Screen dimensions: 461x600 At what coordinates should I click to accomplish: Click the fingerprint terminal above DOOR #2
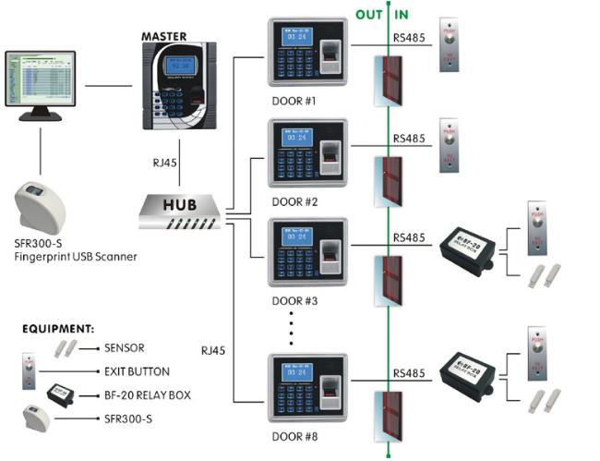pyautogui.click(x=307, y=156)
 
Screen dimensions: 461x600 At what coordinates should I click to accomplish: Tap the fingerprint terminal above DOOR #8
pyautogui.click(x=307, y=389)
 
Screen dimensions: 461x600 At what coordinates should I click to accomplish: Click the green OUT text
pyautogui.click(x=369, y=15)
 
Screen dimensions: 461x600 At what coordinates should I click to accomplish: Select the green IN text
pyautogui.click(x=402, y=15)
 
